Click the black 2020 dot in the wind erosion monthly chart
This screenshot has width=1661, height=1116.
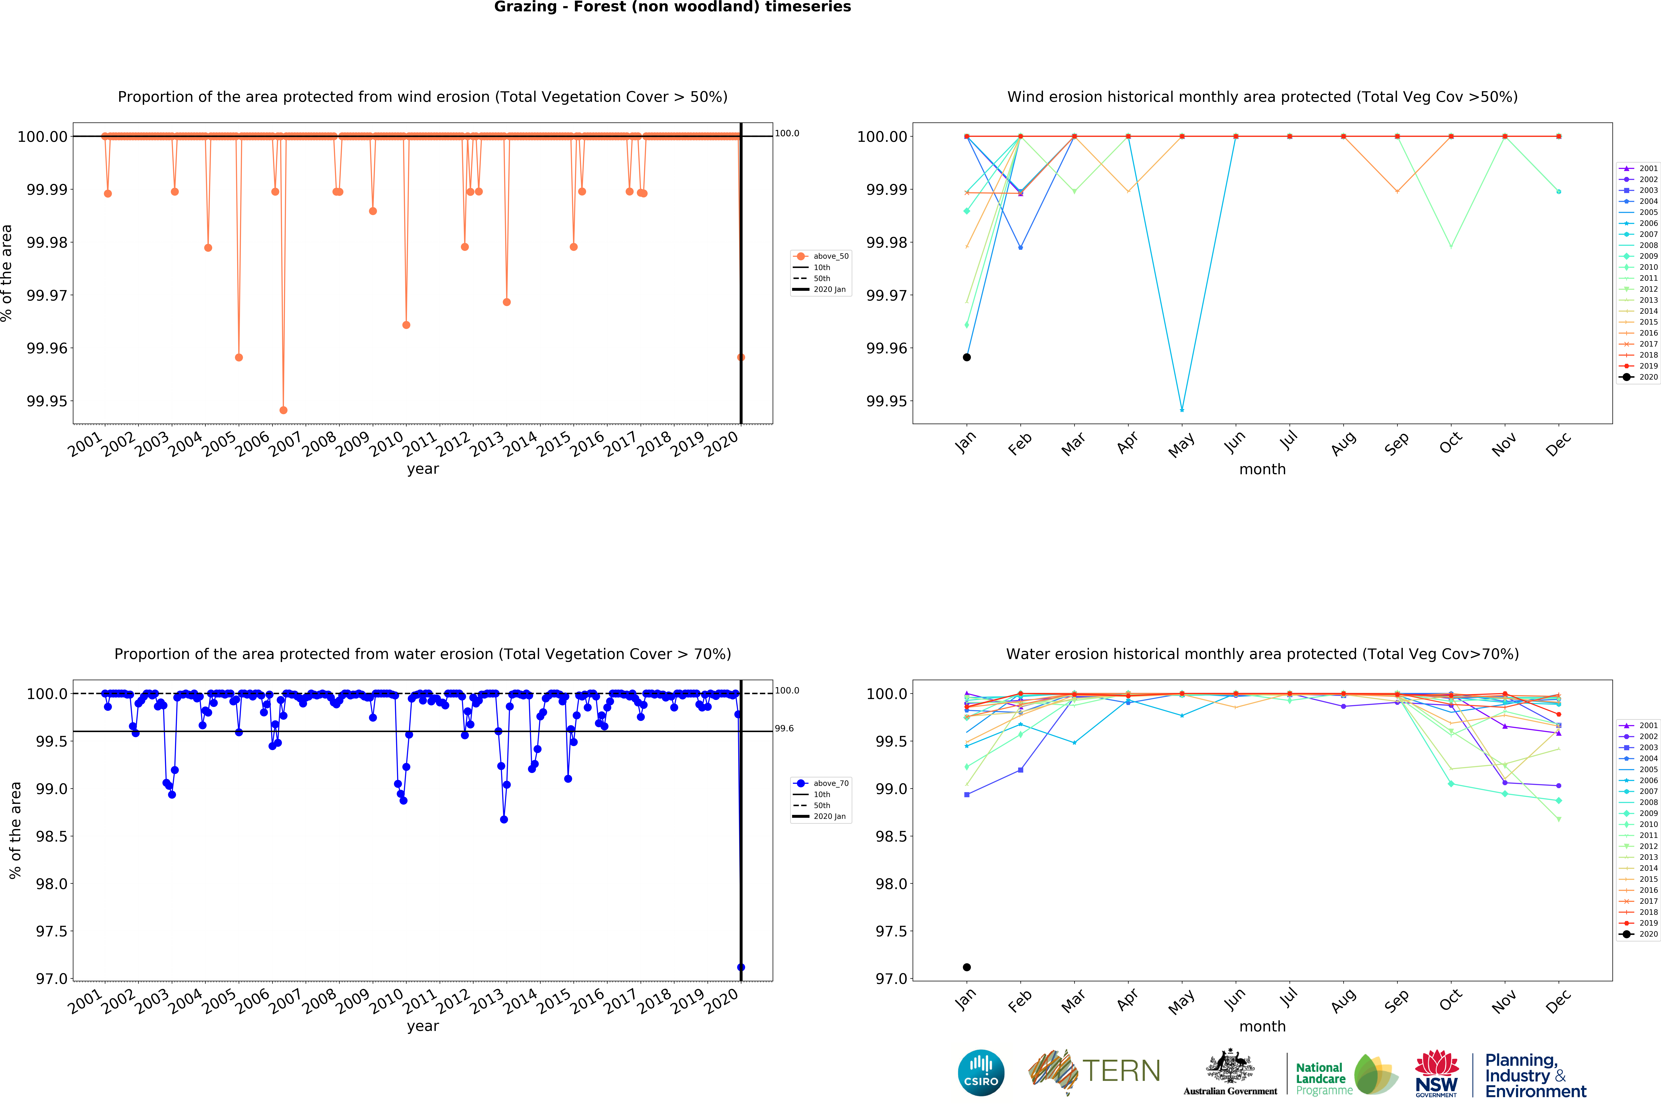click(x=966, y=357)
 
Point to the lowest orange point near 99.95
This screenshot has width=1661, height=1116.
click(x=283, y=410)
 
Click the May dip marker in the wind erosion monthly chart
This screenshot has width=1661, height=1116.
click(x=1182, y=410)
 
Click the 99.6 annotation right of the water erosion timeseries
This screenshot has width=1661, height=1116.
click(x=784, y=728)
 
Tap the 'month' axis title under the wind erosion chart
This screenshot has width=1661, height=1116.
click(x=1262, y=469)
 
